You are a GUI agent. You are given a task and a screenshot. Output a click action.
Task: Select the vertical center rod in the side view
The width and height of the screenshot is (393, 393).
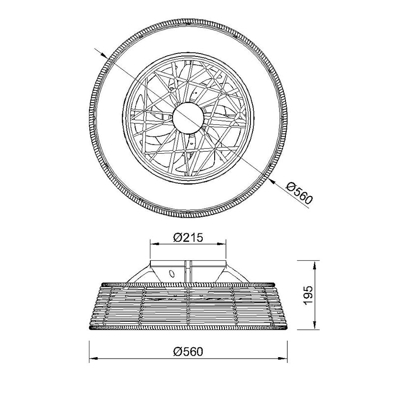(x=188, y=271)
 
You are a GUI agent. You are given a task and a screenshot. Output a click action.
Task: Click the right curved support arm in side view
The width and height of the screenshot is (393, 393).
(x=237, y=274)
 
